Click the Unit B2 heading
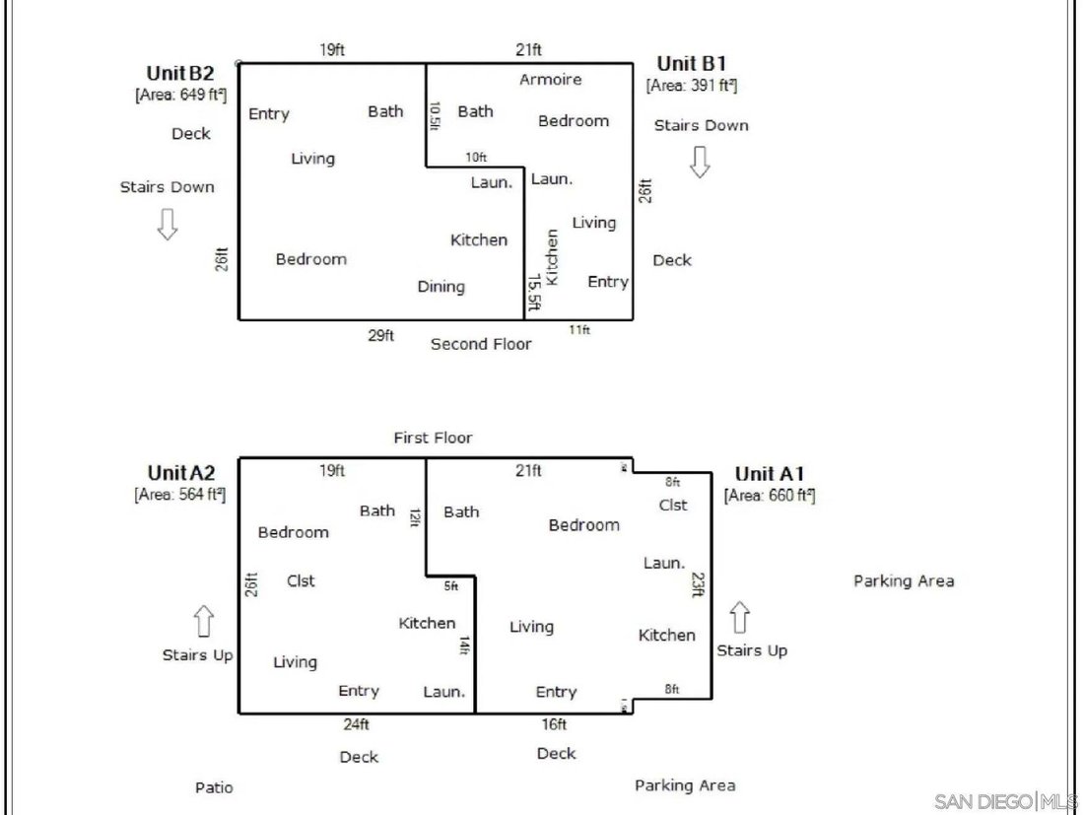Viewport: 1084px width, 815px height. pos(179,73)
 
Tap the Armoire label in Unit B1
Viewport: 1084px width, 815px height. pos(550,80)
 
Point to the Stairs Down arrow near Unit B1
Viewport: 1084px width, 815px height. pos(700,162)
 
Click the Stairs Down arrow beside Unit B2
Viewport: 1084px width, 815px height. pos(167,224)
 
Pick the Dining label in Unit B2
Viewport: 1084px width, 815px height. pos(441,287)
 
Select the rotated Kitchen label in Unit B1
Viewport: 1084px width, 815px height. pos(551,257)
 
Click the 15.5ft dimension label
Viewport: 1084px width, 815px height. pos(534,293)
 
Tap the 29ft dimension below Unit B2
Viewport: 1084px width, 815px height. pos(381,335)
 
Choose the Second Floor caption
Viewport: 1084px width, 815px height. pos(481,344)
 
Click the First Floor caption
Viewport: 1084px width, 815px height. pos(433,438)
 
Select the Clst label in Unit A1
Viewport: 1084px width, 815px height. pos(673,506)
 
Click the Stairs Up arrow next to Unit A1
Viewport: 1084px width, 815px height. pos(740,617)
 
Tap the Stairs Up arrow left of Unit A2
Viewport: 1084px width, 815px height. pos(203,621)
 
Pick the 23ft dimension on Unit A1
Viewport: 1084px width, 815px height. pos(699,584)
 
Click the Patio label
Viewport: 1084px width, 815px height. pos(214,787)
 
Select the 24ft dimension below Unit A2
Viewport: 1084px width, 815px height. pos(356,724)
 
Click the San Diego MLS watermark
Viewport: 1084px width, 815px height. pos(1005,802)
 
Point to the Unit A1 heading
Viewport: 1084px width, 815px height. pos(770,474)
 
